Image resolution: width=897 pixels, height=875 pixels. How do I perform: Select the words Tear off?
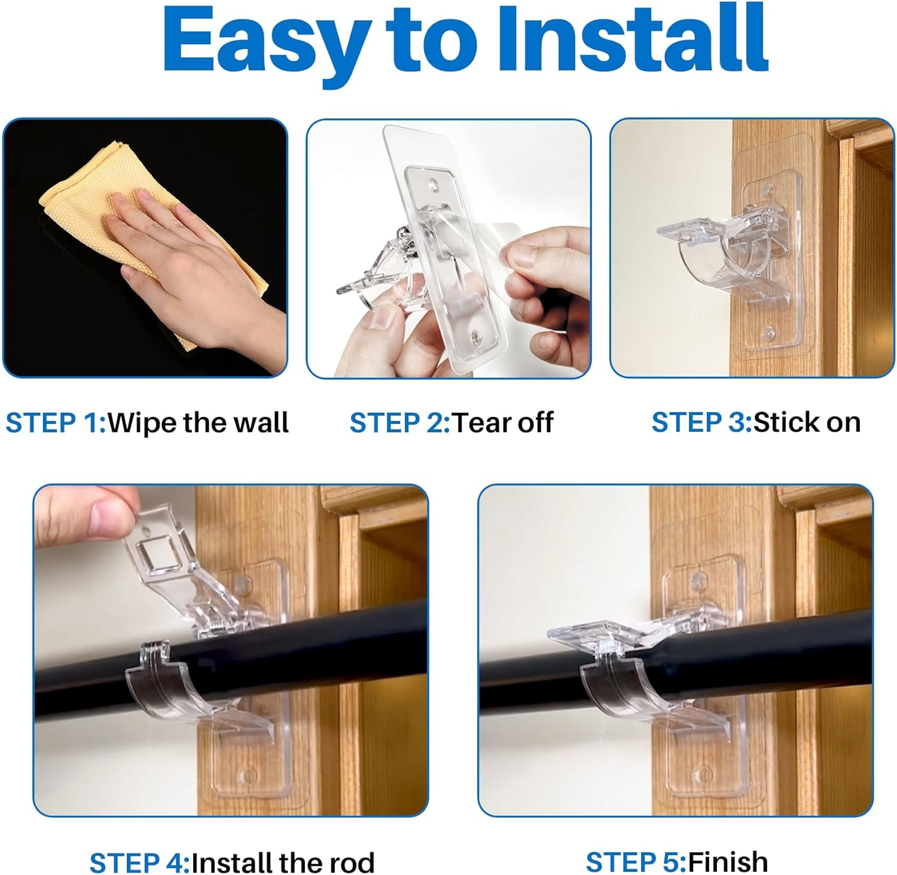pos(503,423)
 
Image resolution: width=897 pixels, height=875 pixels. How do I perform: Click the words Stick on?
pos(807,423)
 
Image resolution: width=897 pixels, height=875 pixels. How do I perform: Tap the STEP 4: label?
pos(139,863)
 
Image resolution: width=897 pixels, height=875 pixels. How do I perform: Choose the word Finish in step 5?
pos(728,862)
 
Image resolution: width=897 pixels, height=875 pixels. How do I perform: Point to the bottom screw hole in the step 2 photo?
pos(477,336)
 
